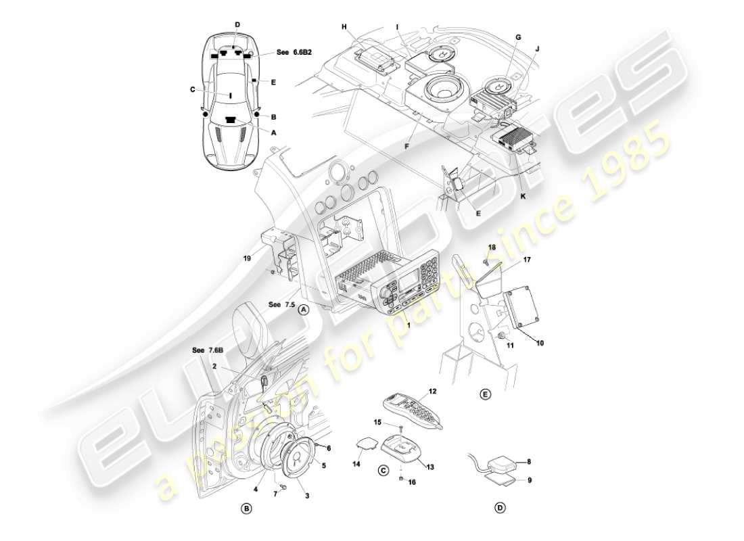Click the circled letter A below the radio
coord(304,309)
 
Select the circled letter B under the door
coord(247,507)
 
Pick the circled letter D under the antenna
coord(500,507)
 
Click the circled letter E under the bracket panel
coord(485,393)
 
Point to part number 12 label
coord(432,390)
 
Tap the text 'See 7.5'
coord(281,305)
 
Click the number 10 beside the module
coord(539,343)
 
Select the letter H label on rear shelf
coord(344,26)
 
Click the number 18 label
coord(492,248)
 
